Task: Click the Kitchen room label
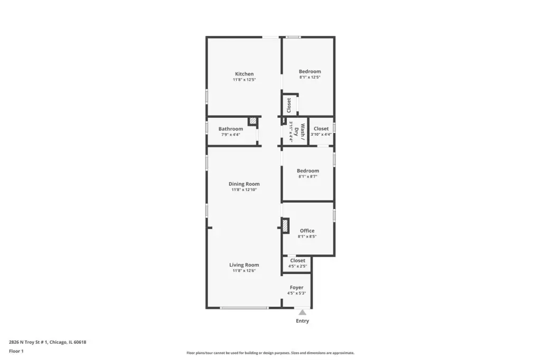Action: click(x=244, y=74)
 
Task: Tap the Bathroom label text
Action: click(x=230, y=129)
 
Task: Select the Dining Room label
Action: click(x=244, y=184)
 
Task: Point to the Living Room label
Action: click(x=244, y=265)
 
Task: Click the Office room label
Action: click(x=307, y=231)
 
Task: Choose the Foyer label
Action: click(x=296, y=288)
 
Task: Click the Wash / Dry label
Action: click(x=299, y=132)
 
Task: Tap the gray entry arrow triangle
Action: click(x=302, y=312)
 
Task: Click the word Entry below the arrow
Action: click(x=302, y=321)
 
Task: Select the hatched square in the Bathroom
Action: click(x=253, y=121)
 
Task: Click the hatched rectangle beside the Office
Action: click(x=285, y=226)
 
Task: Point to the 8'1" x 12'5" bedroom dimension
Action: click(x=310, y=77)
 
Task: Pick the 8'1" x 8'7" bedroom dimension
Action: click(x=308, y=176)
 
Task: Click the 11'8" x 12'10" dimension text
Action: click(x=244, y=190)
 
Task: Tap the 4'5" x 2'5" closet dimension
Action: click(x=297, y=266)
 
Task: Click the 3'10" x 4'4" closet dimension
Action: click(x=321, y=135)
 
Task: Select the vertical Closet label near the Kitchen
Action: click(x=289, y=105)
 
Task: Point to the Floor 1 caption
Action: click(x=16, y=352)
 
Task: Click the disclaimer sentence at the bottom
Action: click(x=270, y=353)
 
